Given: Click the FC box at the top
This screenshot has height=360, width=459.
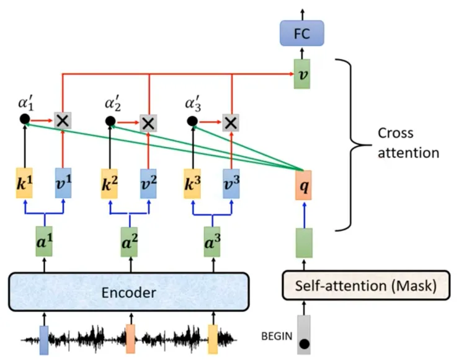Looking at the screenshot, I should [x=303, y=32].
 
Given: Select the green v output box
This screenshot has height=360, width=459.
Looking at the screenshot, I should [x=303, y=75].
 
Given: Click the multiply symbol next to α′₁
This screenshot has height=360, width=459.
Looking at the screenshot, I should [x=62, y=121].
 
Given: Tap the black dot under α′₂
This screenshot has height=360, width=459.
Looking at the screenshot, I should [x=110, y=121].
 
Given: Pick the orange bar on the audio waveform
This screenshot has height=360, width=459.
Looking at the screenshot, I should [x=130, y=338].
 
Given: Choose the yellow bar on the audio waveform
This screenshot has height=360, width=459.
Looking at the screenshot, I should [x=213, y=338].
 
